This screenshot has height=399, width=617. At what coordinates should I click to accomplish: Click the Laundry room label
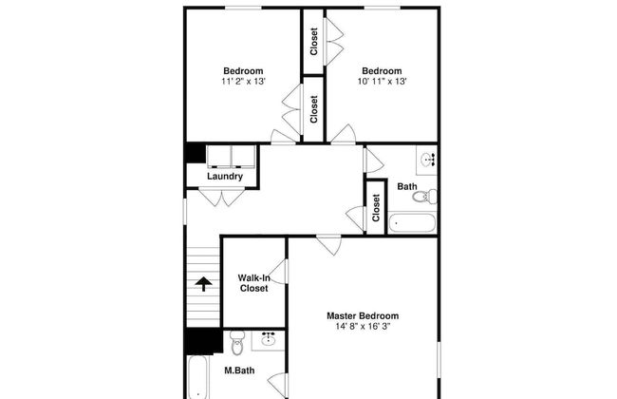(225, 177)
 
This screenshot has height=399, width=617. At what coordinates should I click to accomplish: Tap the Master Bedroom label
(363, 316)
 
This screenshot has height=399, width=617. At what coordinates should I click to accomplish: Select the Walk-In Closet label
(253, 283)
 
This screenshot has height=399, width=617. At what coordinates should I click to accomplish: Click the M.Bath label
(239, 370)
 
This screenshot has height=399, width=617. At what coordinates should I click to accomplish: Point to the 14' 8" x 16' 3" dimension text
(363, 327)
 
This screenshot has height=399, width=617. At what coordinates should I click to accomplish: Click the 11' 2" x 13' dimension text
(243, 82)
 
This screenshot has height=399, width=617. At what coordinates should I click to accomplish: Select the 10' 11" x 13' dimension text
(382, 82)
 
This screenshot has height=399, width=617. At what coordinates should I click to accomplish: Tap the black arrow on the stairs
(203, 284)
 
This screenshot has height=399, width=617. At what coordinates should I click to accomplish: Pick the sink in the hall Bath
(428, 160)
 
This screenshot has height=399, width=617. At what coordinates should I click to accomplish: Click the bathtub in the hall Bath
(412, 223)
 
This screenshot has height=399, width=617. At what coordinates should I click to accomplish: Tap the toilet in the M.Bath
(237, 343)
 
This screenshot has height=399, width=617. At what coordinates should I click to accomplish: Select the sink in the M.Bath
(269, 339)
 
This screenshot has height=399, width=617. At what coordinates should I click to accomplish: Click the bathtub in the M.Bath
(197, 377)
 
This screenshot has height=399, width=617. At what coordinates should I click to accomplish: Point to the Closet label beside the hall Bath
(376, 207)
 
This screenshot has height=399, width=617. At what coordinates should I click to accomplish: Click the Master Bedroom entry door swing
(329, 245)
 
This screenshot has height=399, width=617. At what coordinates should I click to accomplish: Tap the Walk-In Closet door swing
(278, 272)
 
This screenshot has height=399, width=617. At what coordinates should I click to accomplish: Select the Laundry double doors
(221, 198)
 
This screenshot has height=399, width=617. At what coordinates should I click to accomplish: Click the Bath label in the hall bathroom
(407, 187)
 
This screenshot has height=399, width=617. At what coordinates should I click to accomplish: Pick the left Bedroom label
(243, 71)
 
